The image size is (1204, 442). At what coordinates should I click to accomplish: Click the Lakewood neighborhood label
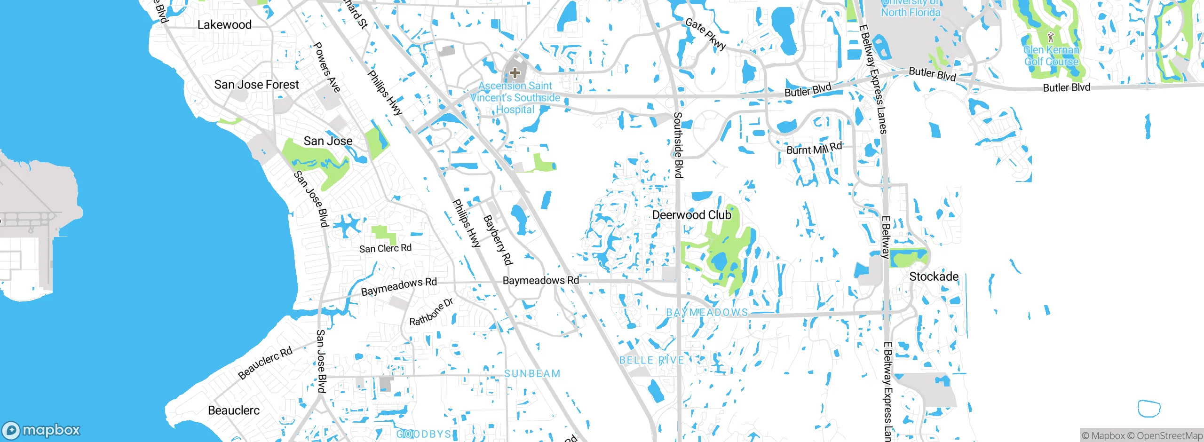[x=224, y=25]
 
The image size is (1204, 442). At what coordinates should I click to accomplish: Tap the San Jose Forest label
[x=256, y=85]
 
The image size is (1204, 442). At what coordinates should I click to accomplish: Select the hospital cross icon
[x=515, y=73]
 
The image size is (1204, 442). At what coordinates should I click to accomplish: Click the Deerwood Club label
[x=691, y=215]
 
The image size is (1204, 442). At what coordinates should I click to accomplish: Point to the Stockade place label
[x=934, y=276]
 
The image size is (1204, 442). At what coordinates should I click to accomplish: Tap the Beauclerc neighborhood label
[x=234, y=410]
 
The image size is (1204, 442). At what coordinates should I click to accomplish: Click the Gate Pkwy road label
[x=705, y=34]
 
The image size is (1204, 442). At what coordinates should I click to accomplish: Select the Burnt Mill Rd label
[x=814, y=149]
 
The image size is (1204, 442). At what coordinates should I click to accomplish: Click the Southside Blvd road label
[x=678, y=145]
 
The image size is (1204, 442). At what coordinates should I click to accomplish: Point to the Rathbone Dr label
[x=431, y=312]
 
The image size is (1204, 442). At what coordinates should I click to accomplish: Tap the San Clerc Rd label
[x=385, y=248]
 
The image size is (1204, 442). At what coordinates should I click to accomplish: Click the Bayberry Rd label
[x=498, y=240]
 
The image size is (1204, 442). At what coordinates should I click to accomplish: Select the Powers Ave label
[x=326, y=67]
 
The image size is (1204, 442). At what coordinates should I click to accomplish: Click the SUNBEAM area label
[x=532, y=374]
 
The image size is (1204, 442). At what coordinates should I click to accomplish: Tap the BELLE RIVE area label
[x=651, y=360]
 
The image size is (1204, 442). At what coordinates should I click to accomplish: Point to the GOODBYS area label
[x=424, y=434]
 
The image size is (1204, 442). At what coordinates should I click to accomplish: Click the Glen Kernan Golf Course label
[x=1051, y=56]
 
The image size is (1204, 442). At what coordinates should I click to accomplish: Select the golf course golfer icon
[x=1051, y=37]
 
